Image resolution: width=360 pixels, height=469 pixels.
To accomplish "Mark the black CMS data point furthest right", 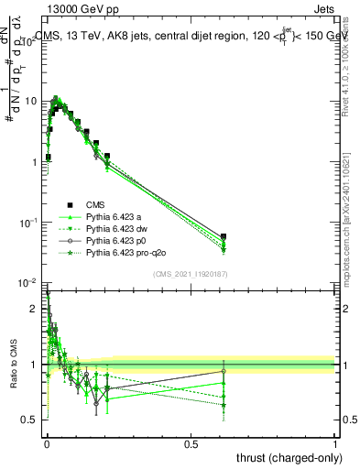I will coord(224,236).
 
